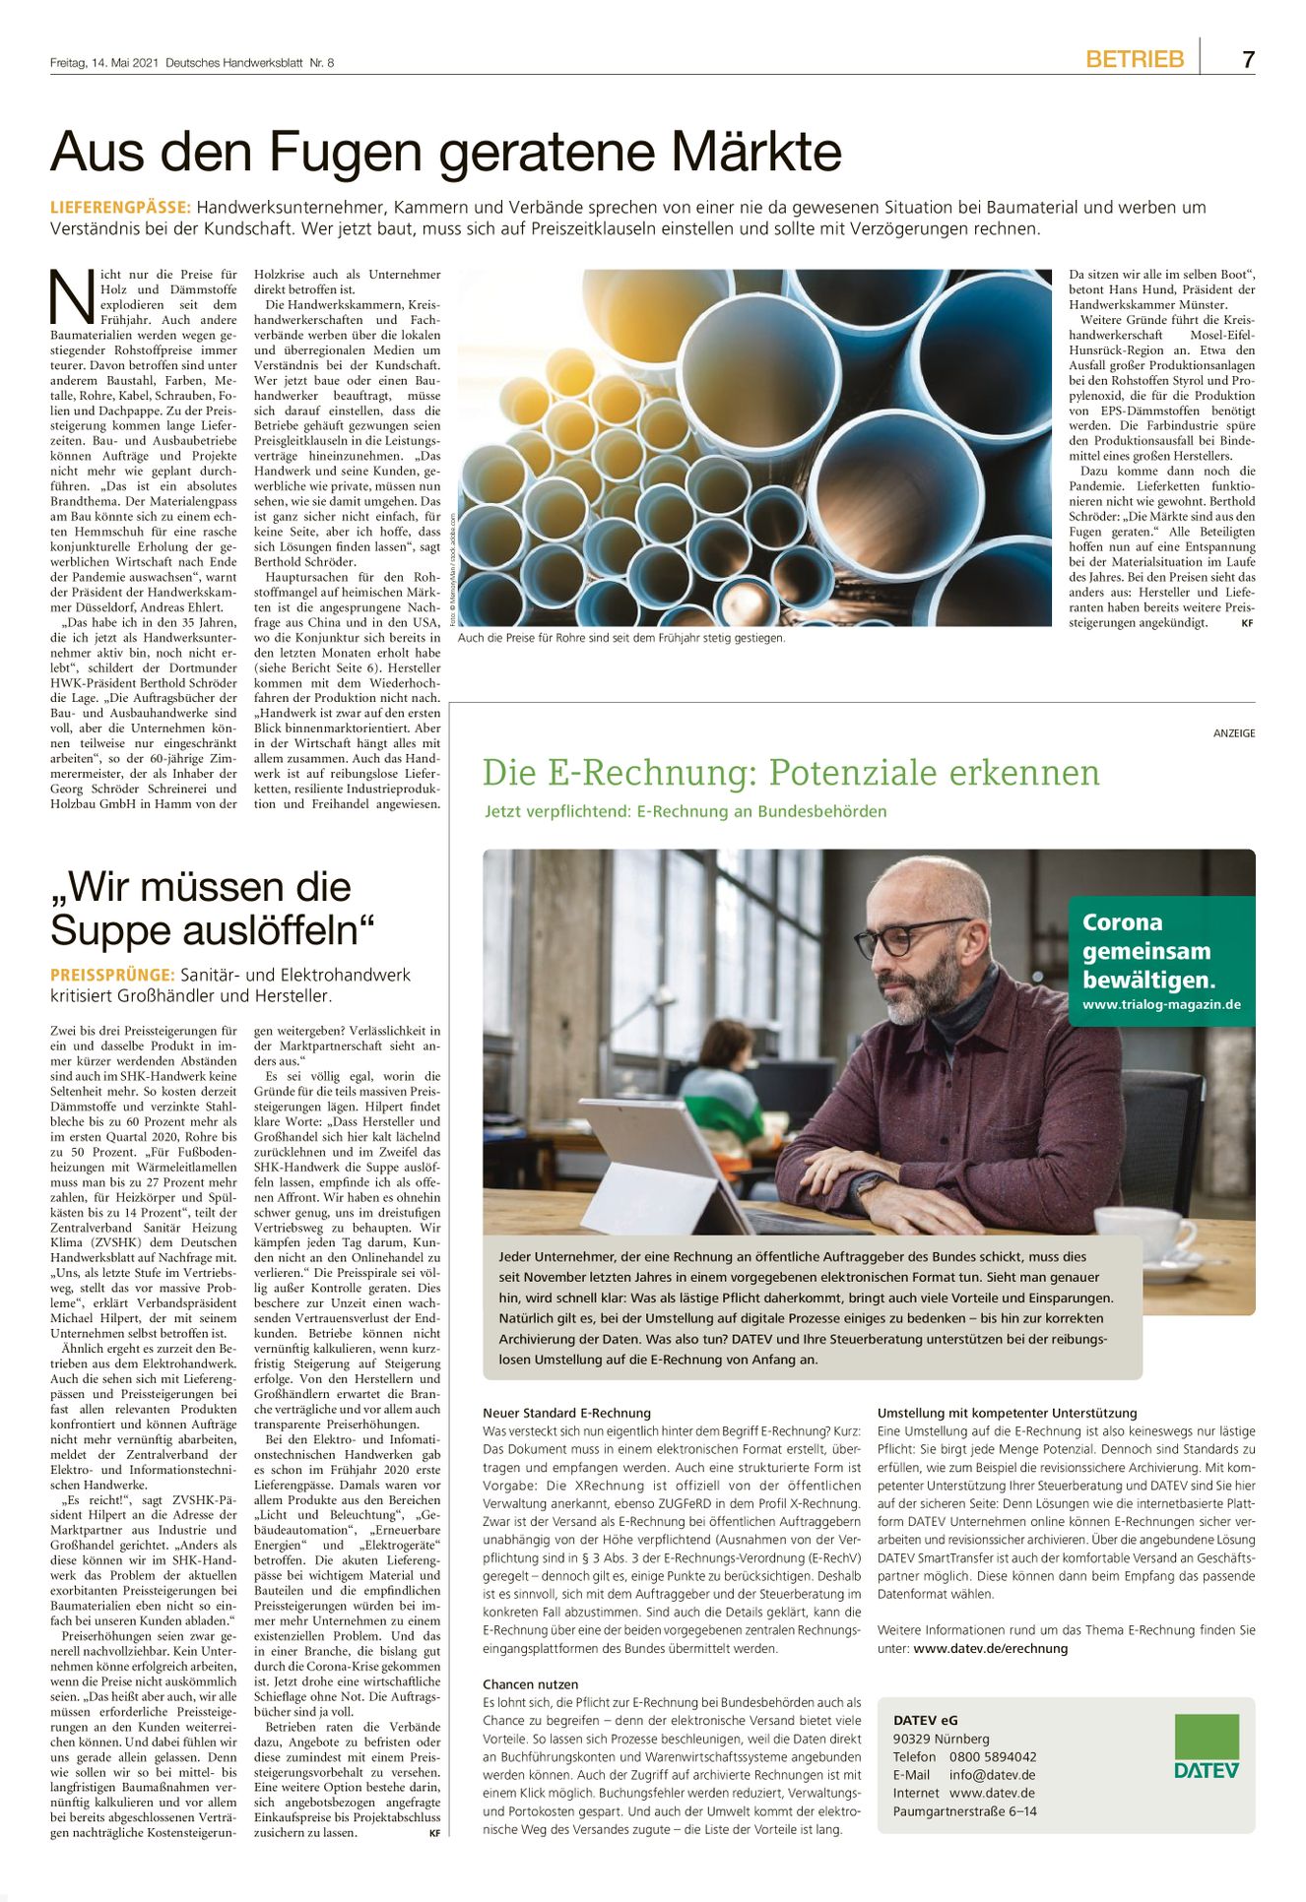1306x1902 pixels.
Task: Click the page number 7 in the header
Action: point(1248,60)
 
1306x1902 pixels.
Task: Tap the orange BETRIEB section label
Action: point(1135,60)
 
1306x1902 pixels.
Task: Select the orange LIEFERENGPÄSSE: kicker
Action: point(120,208)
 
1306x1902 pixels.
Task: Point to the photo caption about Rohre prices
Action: point(621,638)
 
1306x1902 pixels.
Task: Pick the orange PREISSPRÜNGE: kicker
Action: point(112,975)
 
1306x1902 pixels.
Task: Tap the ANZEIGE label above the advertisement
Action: point(1234,733)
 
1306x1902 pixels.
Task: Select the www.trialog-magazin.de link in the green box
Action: point(1161,1005)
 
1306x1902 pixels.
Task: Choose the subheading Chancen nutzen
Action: point(530,1684)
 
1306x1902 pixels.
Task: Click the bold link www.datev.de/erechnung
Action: point(990,1648)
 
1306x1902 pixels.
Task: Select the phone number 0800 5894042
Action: point(993,1756)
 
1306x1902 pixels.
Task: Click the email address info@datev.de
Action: point(992,1775)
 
